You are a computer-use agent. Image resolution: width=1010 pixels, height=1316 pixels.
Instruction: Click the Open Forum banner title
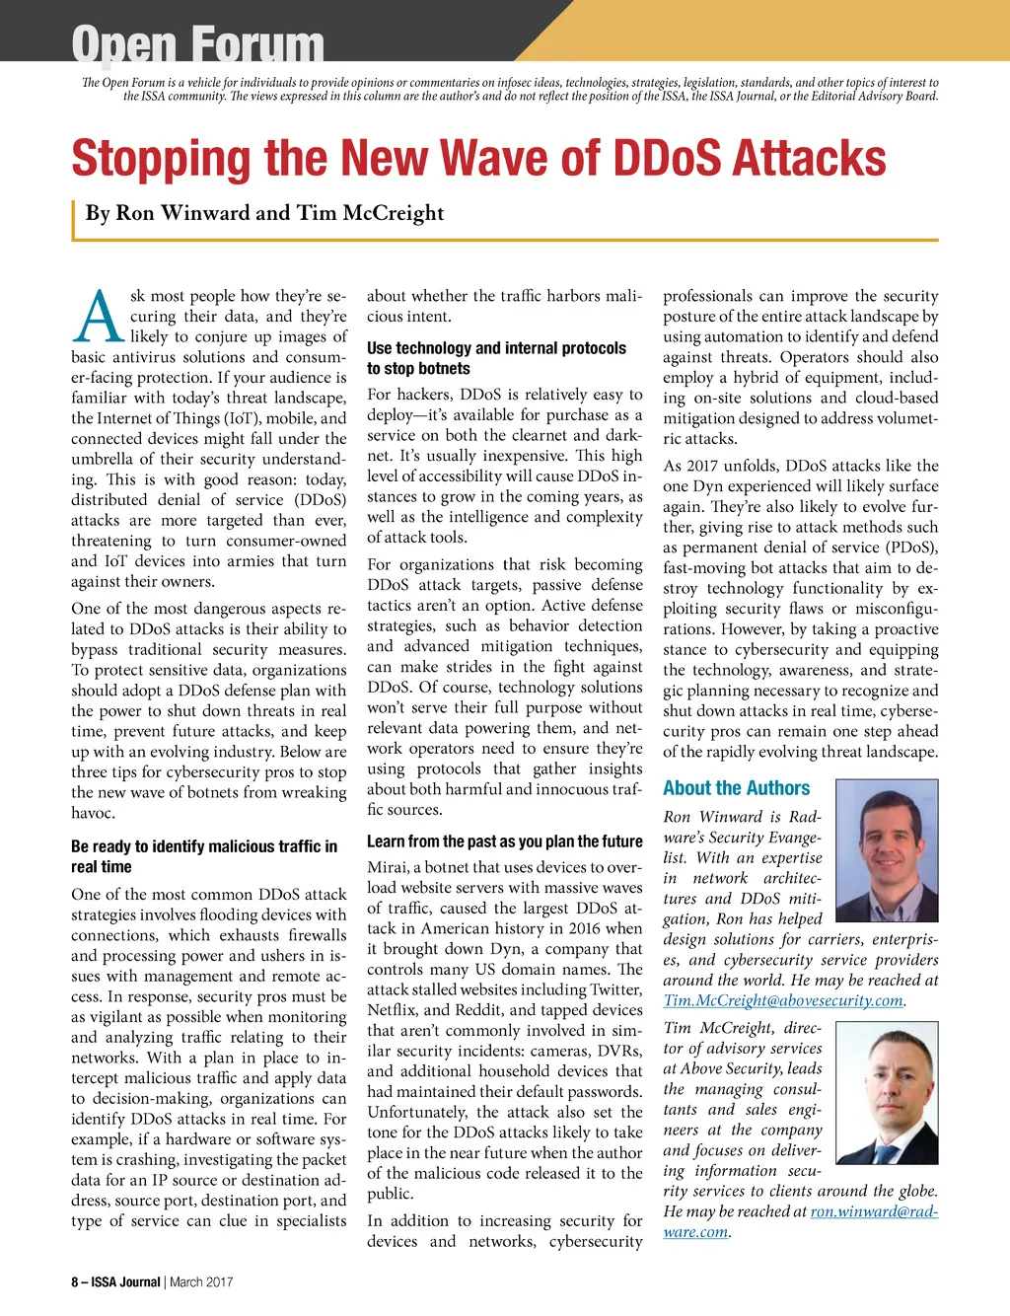click(197, 44)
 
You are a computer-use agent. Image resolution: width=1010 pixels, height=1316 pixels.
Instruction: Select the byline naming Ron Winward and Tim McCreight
click(264, 213)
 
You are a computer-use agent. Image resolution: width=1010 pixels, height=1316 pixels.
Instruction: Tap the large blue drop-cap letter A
click(99, 318)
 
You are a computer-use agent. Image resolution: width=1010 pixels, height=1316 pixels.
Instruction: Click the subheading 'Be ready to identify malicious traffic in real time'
click(204, 856)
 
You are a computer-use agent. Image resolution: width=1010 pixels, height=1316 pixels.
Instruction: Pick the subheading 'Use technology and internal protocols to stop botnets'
click(496, 358)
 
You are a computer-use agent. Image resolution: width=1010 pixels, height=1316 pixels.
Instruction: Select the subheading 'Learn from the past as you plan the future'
click(504, 841)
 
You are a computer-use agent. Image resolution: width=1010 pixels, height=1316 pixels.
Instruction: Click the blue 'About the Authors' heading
click(736, 788)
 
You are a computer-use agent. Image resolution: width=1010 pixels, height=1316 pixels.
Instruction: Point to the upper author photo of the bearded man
click(887, 849)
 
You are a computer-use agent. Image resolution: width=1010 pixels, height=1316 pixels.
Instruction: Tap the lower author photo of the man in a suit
click(887, 1096)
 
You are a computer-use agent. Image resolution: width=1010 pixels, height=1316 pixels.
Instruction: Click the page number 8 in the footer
click(75, 1282)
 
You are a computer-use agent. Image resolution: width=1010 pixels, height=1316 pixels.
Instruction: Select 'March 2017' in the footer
click(201, 1282)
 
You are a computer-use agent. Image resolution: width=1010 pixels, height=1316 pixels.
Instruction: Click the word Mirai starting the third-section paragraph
click(388, 867)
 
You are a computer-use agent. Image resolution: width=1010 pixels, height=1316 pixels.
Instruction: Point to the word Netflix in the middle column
click(393, 1010)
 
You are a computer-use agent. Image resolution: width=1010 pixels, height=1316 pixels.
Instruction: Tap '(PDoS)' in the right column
click(908, 548)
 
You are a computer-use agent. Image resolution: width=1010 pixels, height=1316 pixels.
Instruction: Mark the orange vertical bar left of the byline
click(74, 220)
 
